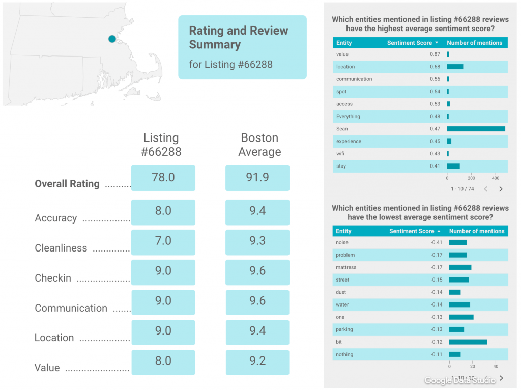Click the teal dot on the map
point(112,39)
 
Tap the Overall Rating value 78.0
point(163,177)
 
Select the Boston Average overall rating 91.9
point(257,177)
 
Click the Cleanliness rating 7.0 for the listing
point(163,241)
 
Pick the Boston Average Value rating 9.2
point(257,361)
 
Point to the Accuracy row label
point(56,218)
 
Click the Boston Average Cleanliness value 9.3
point(257,241)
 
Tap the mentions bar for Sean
point(476,129)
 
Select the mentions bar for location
point(455,67)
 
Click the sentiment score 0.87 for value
point(435,54)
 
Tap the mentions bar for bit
point(468,342)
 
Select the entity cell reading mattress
point(346,267)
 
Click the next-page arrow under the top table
point(501,189)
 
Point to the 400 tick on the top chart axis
point(496,178)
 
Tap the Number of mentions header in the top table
point(474,43)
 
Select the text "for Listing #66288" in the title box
point(230,65)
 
